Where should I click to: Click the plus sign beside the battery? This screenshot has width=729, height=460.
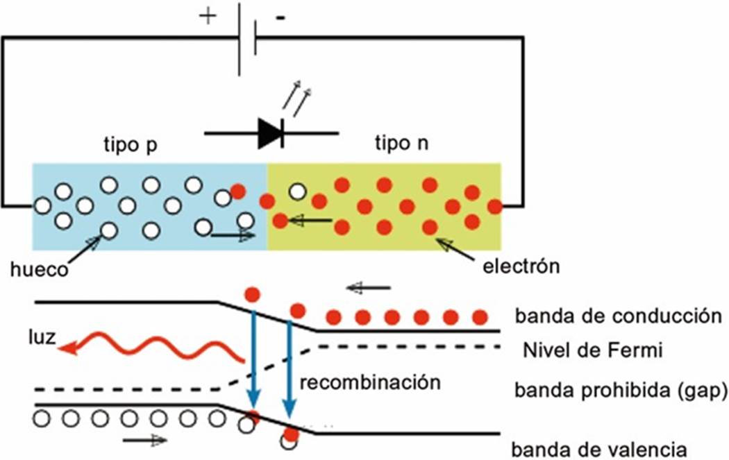pyautogui.click(x=208, y=16)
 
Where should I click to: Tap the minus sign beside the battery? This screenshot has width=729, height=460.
pyautogui.click(x=280, y=18)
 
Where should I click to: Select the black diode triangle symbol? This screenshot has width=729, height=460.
pyautogui.click(x=269, y=133)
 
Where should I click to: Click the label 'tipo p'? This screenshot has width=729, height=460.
pyautogui.click(x=131, y=145)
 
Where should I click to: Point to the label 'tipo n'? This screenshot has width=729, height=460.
pyautogui.click(x=402, y=143)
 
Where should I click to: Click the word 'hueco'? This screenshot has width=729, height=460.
pyautogui.click(x=40, y=269)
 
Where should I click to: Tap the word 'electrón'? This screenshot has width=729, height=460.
pyautogui.click(x=521, y=266)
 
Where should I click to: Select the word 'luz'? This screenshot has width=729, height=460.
pyautogui.click(x=42, y=337)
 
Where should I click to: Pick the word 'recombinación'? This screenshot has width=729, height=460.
pyautogui.click(x=370, y=382)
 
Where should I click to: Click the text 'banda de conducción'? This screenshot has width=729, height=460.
pyautogui.click(x=618, y=316)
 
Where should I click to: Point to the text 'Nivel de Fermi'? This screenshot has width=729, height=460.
pyautogui.click(x=593, y=350)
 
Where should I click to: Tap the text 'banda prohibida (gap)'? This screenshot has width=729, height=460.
pyautogui.click(x=621, y=391)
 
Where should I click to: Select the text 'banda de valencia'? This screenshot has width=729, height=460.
pyautogui.click(x=599, y=450)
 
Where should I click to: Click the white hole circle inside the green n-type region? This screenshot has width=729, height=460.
pyautogui.click(x=298, y=191)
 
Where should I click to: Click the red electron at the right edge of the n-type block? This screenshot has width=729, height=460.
pyautogui.click(x=494, y=206)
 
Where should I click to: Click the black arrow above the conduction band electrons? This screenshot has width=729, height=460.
pyautogui.click(x=369, y=288)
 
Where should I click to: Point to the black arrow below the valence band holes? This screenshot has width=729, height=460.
pyautogui.click(x=144, y=440)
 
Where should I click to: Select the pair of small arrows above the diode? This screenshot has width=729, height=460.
pyautogui.click(x=296, y=101)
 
